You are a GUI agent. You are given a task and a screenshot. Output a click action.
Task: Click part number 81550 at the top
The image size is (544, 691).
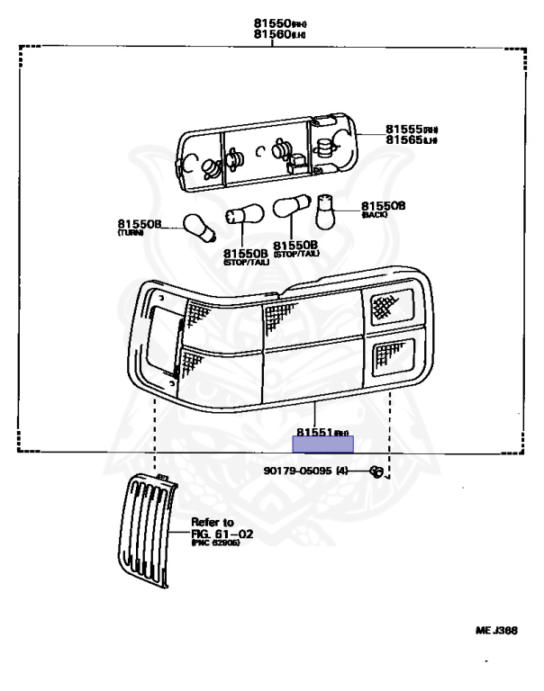[269, 22]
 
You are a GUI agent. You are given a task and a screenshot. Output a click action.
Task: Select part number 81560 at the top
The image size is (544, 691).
[269, 34]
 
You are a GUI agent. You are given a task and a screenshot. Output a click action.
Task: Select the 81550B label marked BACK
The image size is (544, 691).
[383, 206]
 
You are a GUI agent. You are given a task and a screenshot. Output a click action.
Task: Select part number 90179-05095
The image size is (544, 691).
[298, 471]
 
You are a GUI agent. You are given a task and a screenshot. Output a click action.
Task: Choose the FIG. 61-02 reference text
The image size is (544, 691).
[220, 534]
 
